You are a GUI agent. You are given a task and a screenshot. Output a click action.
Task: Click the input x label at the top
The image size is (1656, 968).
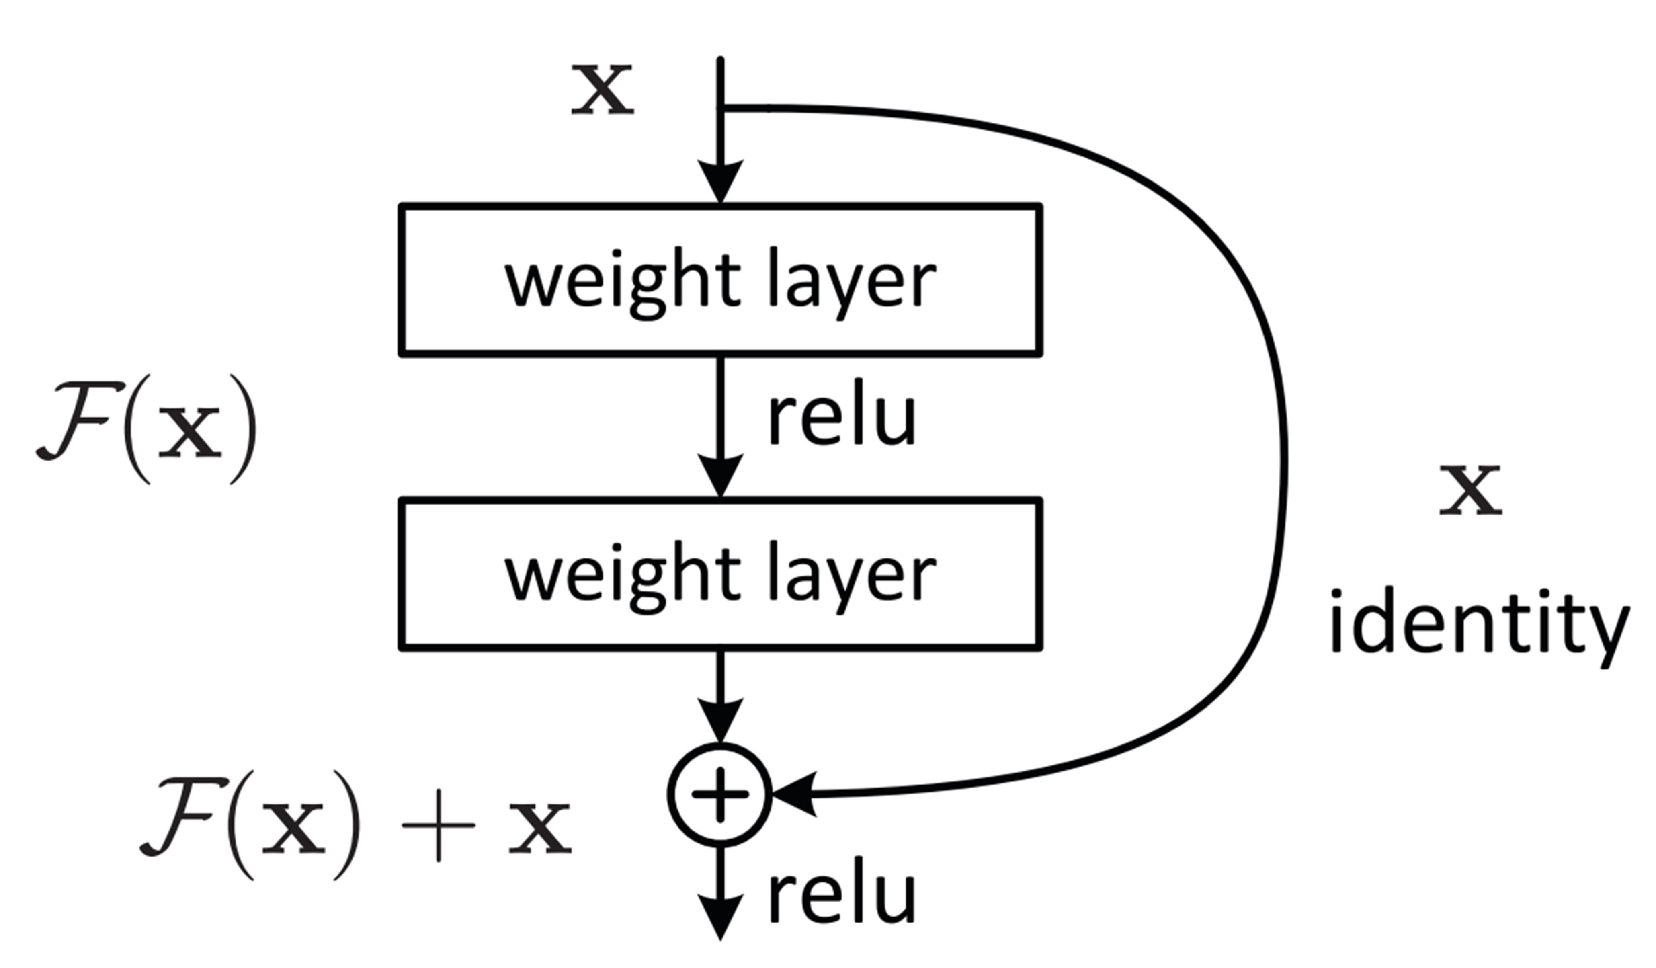(602, 90)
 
